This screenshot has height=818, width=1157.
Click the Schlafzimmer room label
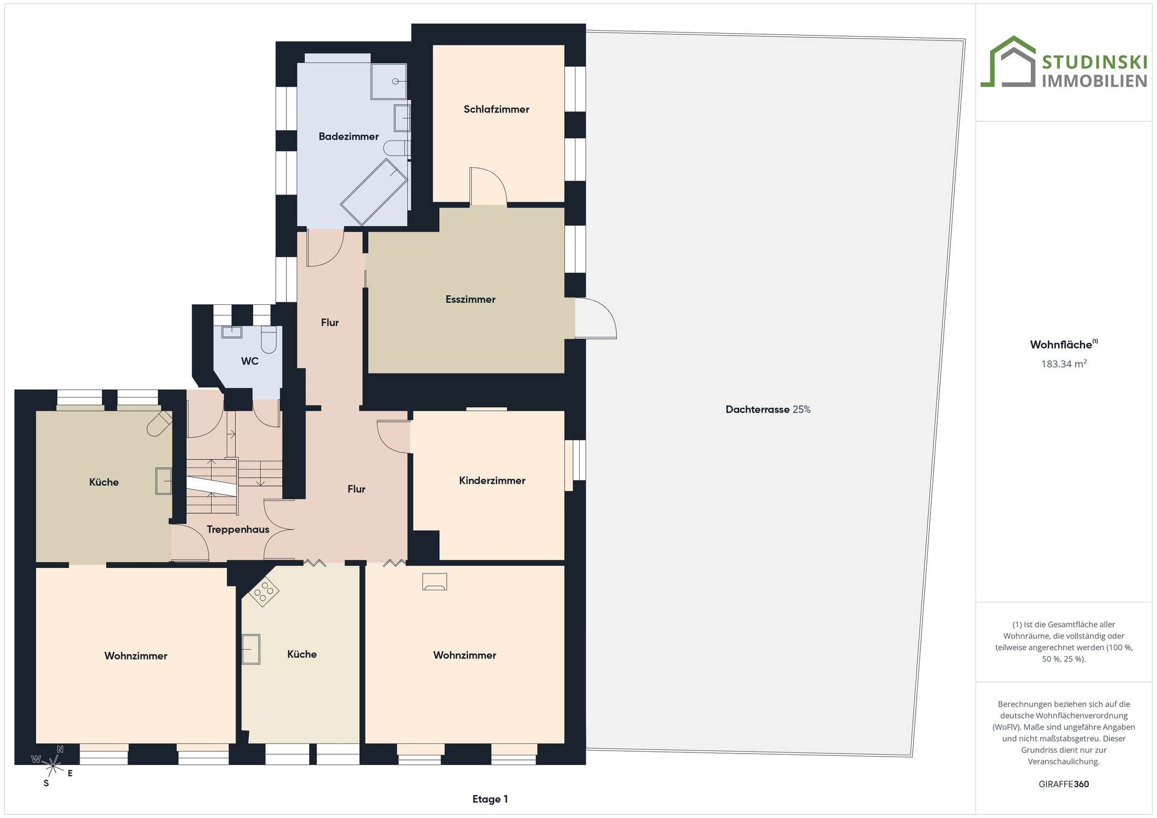coord(496,109)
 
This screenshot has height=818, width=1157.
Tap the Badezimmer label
coord(348,136)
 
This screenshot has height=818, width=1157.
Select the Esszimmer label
coord(470,299)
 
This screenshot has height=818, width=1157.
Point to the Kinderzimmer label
coord(492,480)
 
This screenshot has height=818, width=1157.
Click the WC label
coord(249,361)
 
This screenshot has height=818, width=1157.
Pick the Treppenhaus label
coord(237,529)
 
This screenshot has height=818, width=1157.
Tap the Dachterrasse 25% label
coord(768,410)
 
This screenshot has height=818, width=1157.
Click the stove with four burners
coord(263,591)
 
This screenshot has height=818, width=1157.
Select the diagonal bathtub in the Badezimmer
coord(374,192)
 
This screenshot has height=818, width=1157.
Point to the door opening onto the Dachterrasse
coord(595,318)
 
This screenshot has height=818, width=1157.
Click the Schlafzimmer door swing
coord(488,186)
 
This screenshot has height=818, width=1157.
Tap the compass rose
coord(53,766)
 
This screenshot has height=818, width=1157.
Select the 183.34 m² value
coord(1064,364)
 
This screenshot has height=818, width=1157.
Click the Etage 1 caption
coord(490,799)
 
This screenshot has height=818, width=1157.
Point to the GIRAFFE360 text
coord(1064,784)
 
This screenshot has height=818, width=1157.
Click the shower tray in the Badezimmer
coord(389,81)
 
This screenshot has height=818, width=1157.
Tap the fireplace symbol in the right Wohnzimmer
coord(434,581)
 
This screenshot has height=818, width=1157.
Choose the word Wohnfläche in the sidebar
coord(1061,345)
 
